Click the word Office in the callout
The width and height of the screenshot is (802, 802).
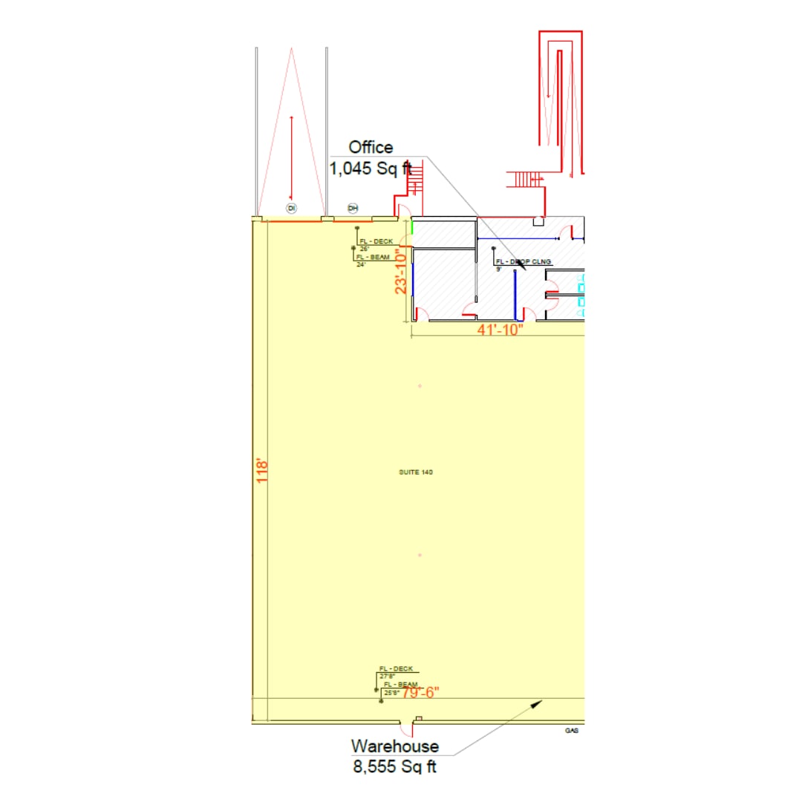[371, 147]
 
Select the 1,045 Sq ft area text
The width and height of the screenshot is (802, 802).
[370, 169]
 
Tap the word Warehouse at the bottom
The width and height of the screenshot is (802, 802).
[394, 746]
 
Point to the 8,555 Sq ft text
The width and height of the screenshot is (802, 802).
[394, 766]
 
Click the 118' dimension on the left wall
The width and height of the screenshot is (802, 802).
[261, 472]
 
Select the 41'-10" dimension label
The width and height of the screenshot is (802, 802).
[500, 330]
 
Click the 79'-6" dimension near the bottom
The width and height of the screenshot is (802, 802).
[421, 692]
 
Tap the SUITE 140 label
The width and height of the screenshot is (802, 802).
[416, 472]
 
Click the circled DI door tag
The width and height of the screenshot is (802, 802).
[292, 208]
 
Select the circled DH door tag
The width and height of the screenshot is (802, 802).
[353, 208]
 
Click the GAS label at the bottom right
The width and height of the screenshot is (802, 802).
[572, 731]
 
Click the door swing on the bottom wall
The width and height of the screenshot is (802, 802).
[407, 729]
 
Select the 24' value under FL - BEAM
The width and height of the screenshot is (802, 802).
[362, 264]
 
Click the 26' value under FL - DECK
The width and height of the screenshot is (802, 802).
[365, 249]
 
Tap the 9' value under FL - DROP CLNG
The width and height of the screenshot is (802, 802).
[499, 270]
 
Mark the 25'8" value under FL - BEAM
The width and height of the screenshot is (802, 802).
[390, 692]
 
